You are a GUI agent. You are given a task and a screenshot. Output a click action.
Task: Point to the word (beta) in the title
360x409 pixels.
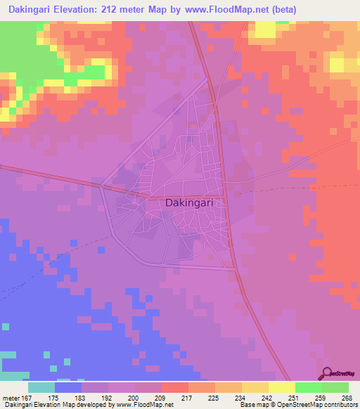(284, 10)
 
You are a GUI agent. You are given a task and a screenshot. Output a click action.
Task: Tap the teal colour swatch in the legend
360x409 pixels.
(41, 387)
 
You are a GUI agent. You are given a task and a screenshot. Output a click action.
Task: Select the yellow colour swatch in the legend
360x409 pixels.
(281, 387)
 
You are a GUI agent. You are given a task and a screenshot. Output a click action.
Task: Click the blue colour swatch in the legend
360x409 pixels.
(67, 387)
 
